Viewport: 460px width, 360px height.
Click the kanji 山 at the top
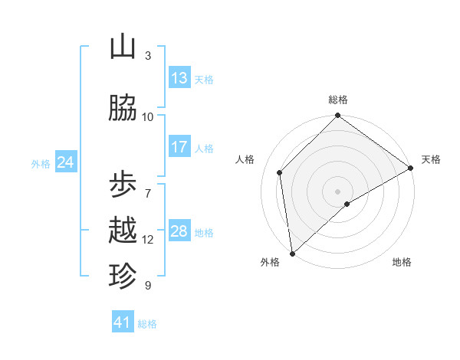pos(123,47)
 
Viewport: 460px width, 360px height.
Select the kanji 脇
pos(123,109)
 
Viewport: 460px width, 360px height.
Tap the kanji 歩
pos(123,185)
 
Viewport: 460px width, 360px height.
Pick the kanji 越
pos(123,231)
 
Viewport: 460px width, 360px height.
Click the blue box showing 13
pos(179,78)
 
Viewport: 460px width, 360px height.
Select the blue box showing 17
pos(179,147)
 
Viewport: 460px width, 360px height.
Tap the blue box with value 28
pos(179,231)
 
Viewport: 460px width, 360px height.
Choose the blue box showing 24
pos(65,162)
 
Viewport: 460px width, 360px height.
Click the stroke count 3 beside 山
pos(148,56)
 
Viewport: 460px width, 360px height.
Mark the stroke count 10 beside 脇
pos(148,116)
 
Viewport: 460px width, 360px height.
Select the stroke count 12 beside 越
pos(148,240)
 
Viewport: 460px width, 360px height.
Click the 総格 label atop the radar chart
pos(337,100)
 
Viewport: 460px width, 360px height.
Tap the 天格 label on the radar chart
pos(431,159)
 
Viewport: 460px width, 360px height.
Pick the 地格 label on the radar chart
pos(402,262)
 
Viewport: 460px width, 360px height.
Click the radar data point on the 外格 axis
pos(292,254)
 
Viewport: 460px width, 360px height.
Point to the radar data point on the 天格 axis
pos(411,168)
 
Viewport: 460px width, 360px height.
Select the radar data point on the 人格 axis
pos(280,172)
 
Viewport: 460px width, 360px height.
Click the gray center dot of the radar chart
pos(337,191)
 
